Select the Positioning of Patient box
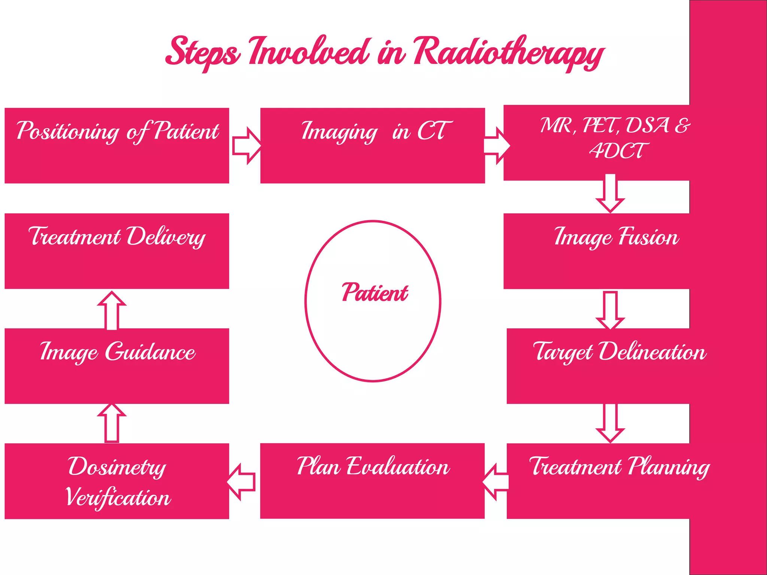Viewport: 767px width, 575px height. click(x=117, y=146)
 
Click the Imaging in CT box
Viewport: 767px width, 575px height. click(x=372, y=146)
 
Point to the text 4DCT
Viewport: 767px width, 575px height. click(x=618, y=151)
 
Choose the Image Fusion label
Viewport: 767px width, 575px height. click(x=616, y=237)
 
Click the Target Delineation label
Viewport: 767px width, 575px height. click(x=619, y=352)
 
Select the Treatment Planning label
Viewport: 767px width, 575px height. click(x=619, y=467)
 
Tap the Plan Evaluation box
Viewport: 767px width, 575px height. click(x=372, y=481)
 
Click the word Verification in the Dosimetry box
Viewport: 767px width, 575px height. click(x=118, y=498)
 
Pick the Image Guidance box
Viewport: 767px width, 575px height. click(x=117, y=366)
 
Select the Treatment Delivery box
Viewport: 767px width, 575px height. click(x=117, y=251)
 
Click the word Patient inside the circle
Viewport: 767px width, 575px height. click(x=374, y=293)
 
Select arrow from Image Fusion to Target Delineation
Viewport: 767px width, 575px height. click(x=610, y=310)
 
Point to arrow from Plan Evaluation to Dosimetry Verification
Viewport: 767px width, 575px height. click(x=242, y=482)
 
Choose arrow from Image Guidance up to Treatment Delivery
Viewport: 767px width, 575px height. click(x=112, y=311)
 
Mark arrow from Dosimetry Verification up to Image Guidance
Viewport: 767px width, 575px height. click(x=112, y=423)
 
